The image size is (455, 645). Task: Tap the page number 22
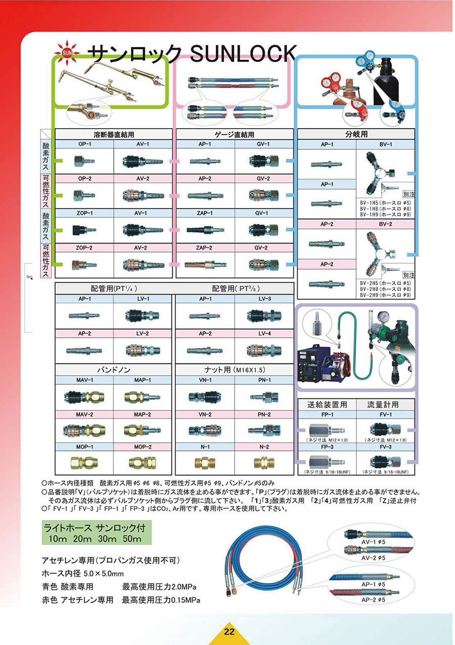coord(229,632)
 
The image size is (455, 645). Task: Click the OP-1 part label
coord(84,144)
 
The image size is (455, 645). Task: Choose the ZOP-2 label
coord(84,248)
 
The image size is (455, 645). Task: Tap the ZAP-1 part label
coord(205,213)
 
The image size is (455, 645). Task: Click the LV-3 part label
coord(264,299)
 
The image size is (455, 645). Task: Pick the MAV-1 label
coord(84,380)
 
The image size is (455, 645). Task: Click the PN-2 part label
coord(264,414)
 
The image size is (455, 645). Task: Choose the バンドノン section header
coord(114,370)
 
